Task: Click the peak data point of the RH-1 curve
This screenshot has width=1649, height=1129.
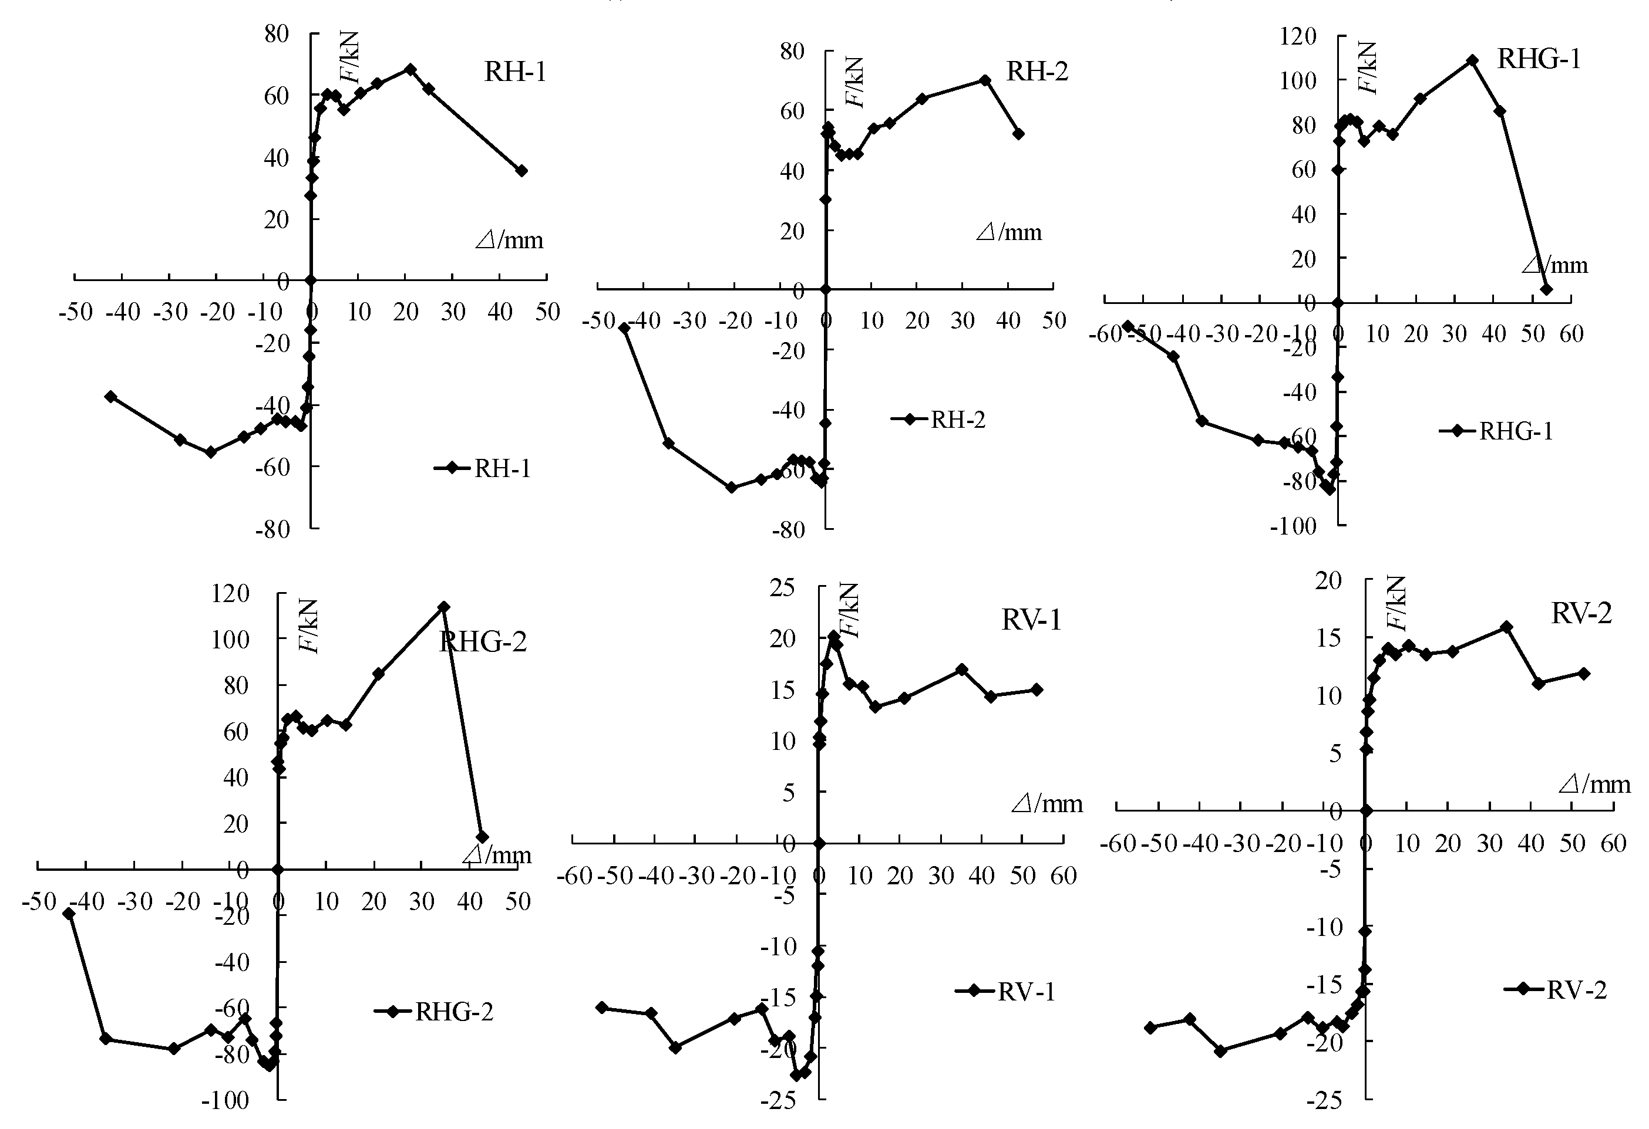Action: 410,69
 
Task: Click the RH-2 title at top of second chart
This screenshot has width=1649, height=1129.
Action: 1036,72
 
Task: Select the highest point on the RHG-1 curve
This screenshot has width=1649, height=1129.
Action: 1472,60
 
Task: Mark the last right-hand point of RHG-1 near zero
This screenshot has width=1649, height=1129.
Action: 1546,289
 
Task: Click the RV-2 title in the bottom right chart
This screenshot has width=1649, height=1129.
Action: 1581,613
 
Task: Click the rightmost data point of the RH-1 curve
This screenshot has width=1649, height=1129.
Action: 521,171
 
